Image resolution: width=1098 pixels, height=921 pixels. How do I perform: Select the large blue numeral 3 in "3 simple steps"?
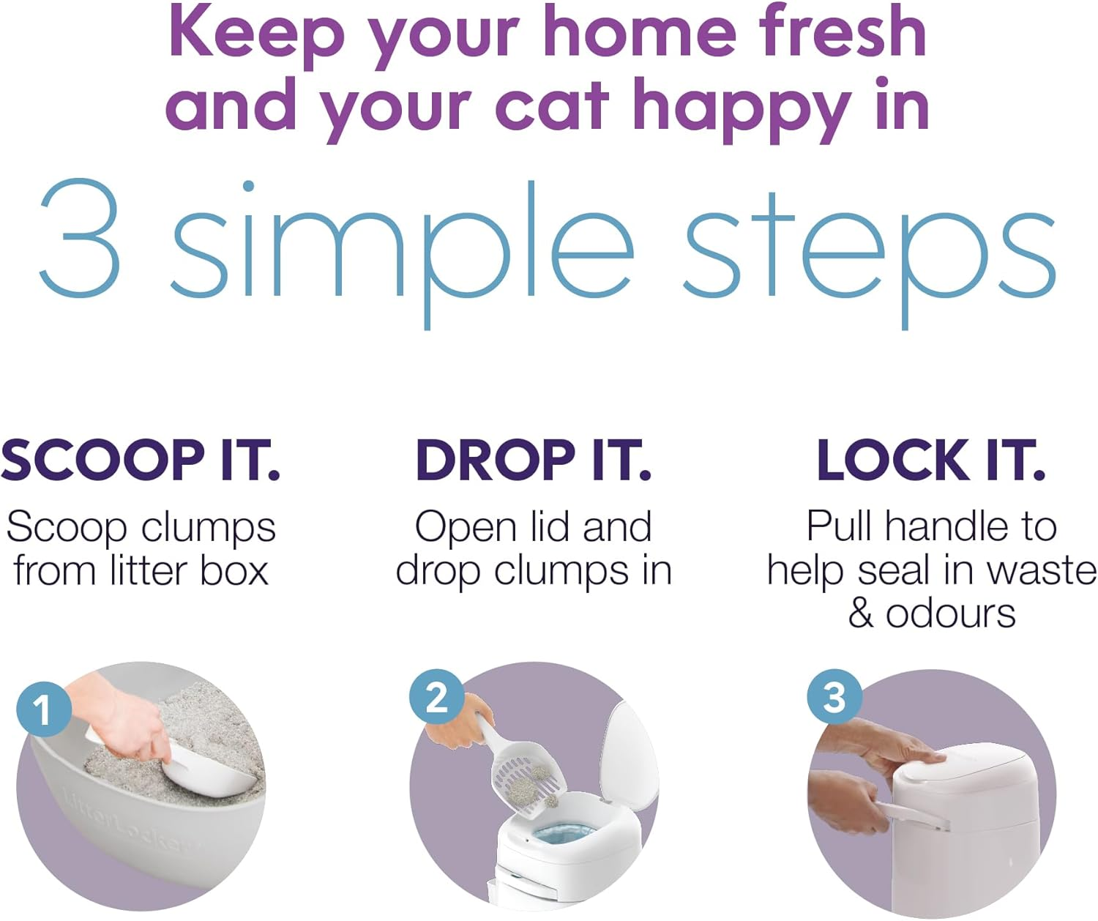tap(79, 238)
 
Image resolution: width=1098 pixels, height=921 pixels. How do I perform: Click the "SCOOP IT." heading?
tap(141, 461)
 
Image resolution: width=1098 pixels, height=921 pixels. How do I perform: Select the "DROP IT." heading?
tap(533, 461)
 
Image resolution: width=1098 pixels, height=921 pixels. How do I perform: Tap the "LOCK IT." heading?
tap(930, 461)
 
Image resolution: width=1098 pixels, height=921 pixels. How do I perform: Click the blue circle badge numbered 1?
tap(43, 709)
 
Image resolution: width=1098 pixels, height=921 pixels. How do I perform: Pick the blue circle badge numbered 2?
tap(436, 696)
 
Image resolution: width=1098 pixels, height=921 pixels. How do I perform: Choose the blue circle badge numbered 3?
tap(834, 696)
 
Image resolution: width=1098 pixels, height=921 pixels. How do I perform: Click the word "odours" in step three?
tap(950, 614)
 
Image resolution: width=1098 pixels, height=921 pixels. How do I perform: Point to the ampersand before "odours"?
tap(861, 614)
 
